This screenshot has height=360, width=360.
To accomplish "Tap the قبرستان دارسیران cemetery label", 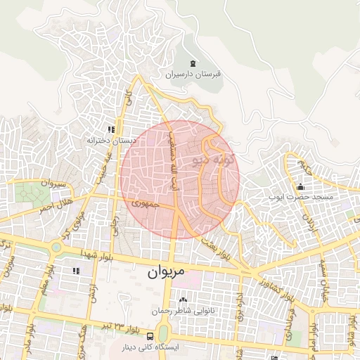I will point(193,74).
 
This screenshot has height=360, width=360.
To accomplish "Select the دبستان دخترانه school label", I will point(110,140).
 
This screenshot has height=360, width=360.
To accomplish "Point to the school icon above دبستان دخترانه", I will point(110,130).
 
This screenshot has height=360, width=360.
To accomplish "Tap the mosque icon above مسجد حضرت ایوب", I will point(301,187).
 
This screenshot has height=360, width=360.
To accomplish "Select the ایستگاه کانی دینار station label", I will point(153,347).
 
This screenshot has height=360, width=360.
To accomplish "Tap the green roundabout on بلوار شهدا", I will point(56,247).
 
